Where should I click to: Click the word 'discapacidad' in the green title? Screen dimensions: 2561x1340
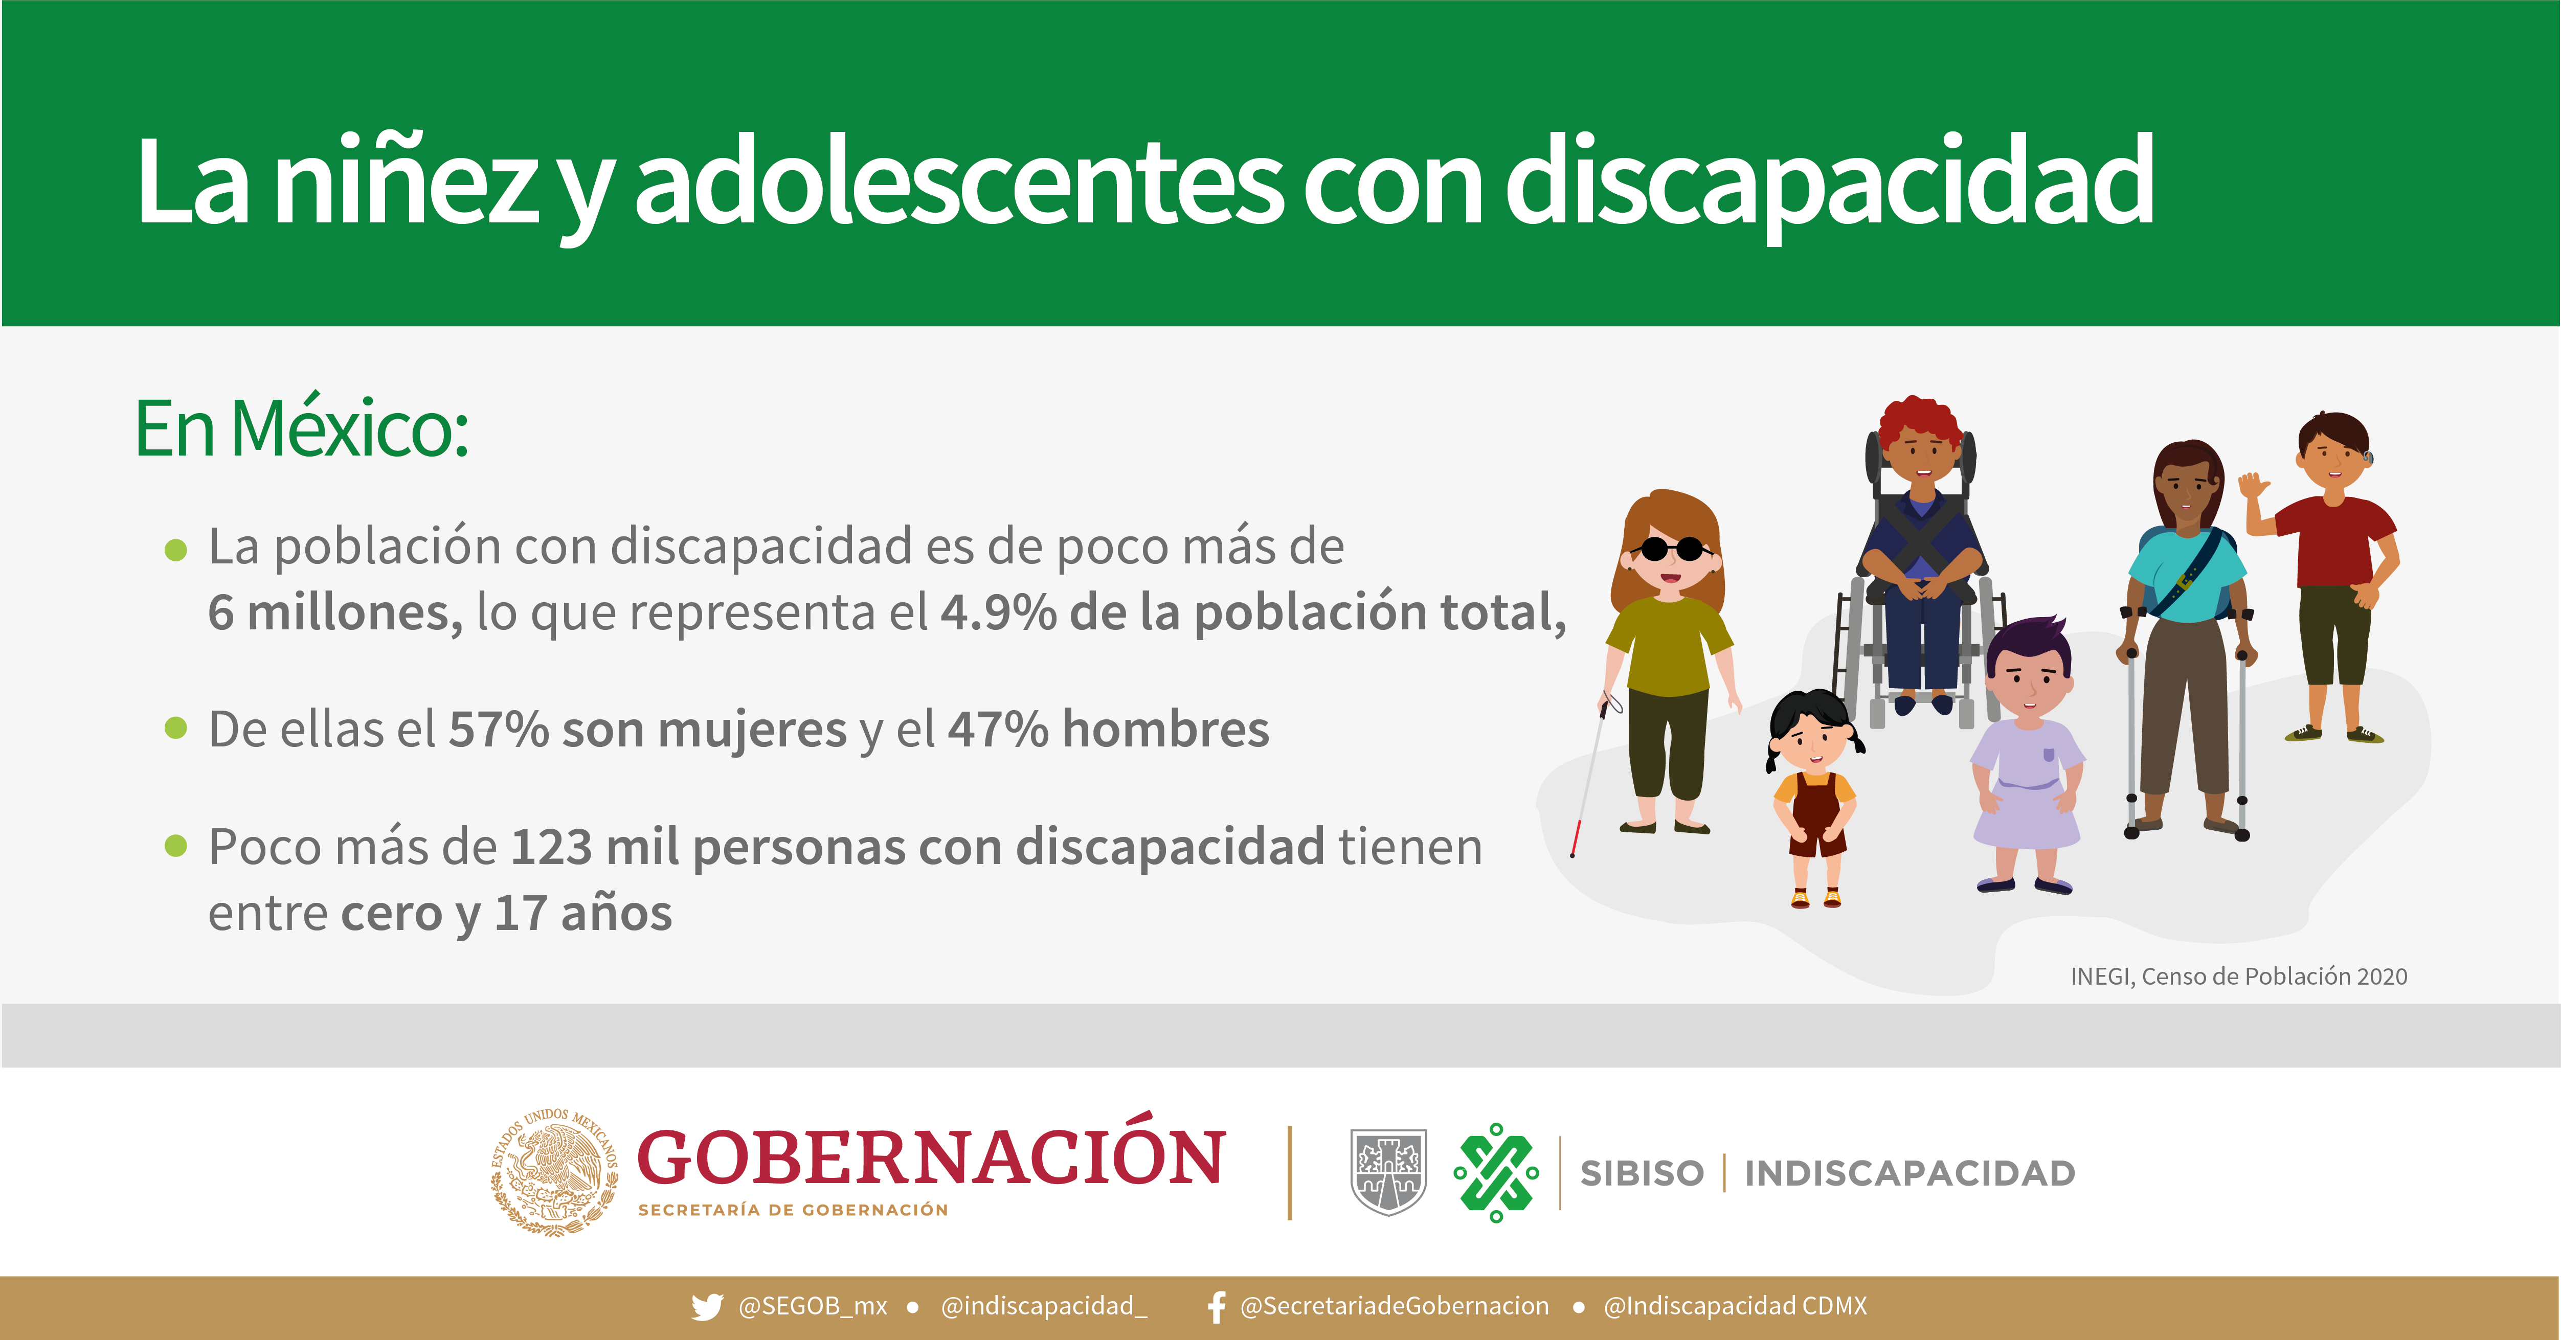coord(1829,184)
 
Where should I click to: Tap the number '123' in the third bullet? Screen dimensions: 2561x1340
coord(552,848)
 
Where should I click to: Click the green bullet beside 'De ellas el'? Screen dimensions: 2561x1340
coord(176,729)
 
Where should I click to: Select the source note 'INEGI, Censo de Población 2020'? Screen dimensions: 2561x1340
coord(2239,976)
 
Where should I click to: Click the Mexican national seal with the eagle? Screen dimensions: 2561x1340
coord(554,1172)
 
